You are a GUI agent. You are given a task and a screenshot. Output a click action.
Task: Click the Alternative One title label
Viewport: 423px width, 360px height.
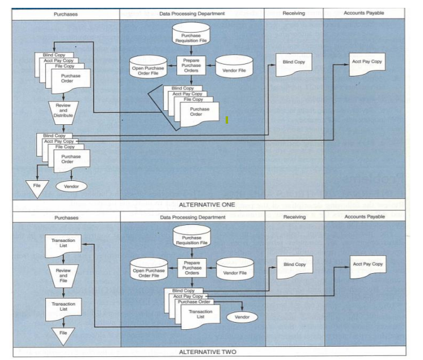(211, 205)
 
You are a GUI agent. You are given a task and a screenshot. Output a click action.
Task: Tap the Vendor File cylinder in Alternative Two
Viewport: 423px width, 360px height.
(235, 270)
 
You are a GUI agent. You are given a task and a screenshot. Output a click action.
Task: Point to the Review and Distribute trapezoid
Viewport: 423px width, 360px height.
(63, 110)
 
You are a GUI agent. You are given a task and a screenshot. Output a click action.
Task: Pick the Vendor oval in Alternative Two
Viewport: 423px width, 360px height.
(242, 317)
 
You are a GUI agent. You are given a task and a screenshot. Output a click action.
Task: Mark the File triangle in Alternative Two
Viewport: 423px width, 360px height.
(63, 333)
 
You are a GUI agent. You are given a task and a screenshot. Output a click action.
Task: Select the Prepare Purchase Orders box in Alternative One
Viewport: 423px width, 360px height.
(191, 65)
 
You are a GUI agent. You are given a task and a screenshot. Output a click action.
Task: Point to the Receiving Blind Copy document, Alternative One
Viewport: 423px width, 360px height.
(294, 64)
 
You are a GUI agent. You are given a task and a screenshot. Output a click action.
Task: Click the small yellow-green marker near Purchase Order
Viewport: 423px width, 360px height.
(226, 120)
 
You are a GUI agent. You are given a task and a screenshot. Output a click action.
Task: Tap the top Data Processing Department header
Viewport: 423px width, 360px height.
(191, 12)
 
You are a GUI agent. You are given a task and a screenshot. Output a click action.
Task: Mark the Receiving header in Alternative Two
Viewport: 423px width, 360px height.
(294, 216)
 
